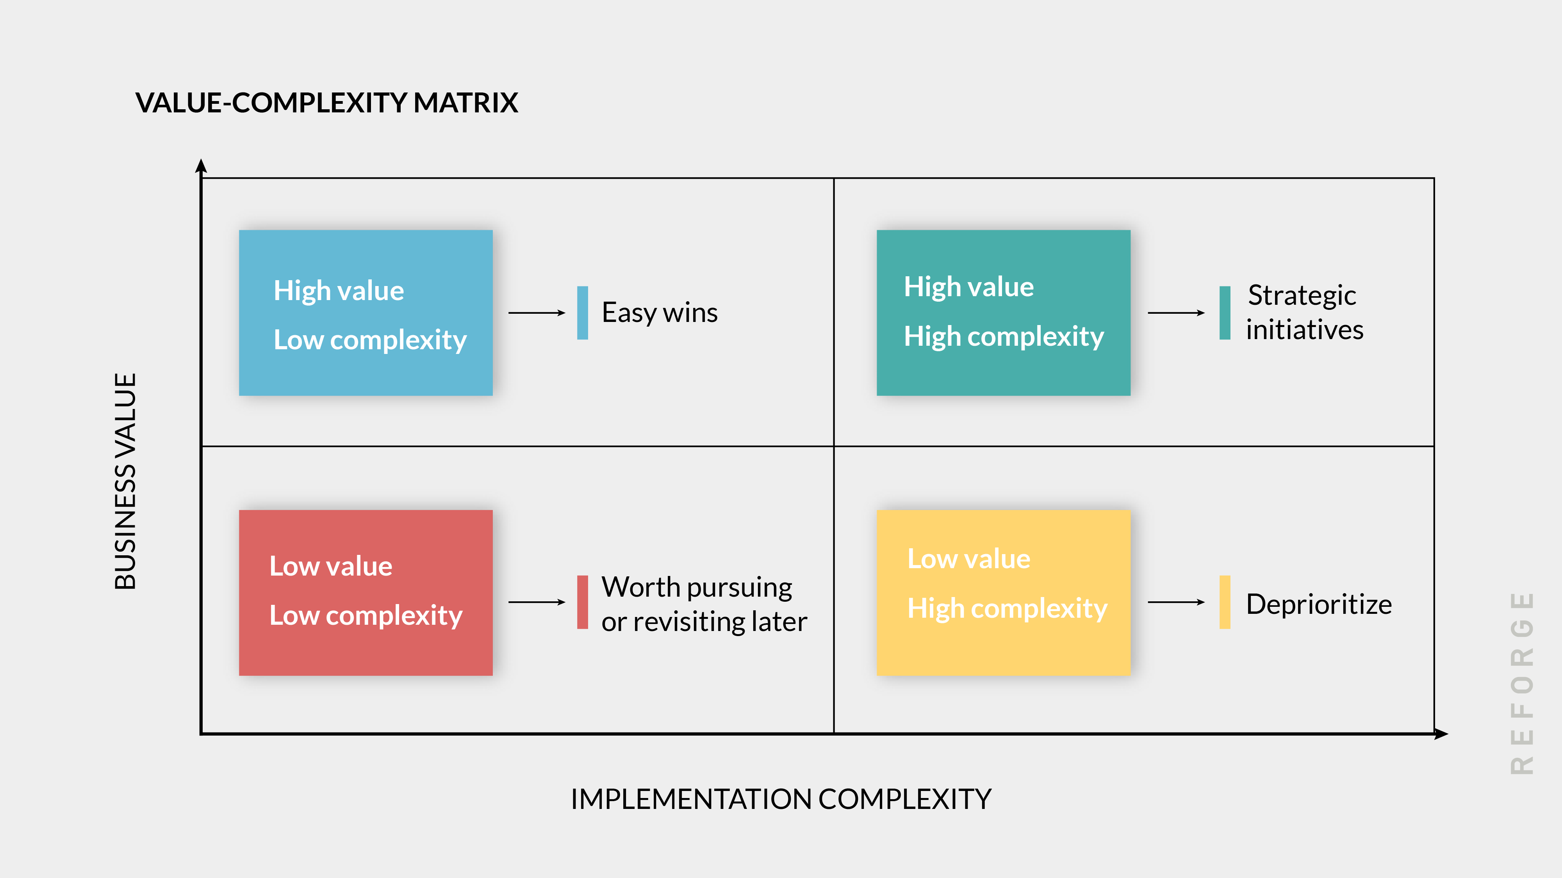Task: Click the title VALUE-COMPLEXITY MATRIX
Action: pos(326,102)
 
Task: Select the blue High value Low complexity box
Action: pos(366,313)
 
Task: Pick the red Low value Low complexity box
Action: pos(366,593)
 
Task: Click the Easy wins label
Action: pos(659,313)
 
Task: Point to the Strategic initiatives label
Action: pos(1304,313)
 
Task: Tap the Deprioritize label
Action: pos(1318,604)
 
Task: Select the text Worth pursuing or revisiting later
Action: pos(703,604)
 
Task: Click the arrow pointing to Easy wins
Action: pos(536,313)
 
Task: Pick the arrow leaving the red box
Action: pos(536,602)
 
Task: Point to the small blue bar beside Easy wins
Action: pos(582,313)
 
